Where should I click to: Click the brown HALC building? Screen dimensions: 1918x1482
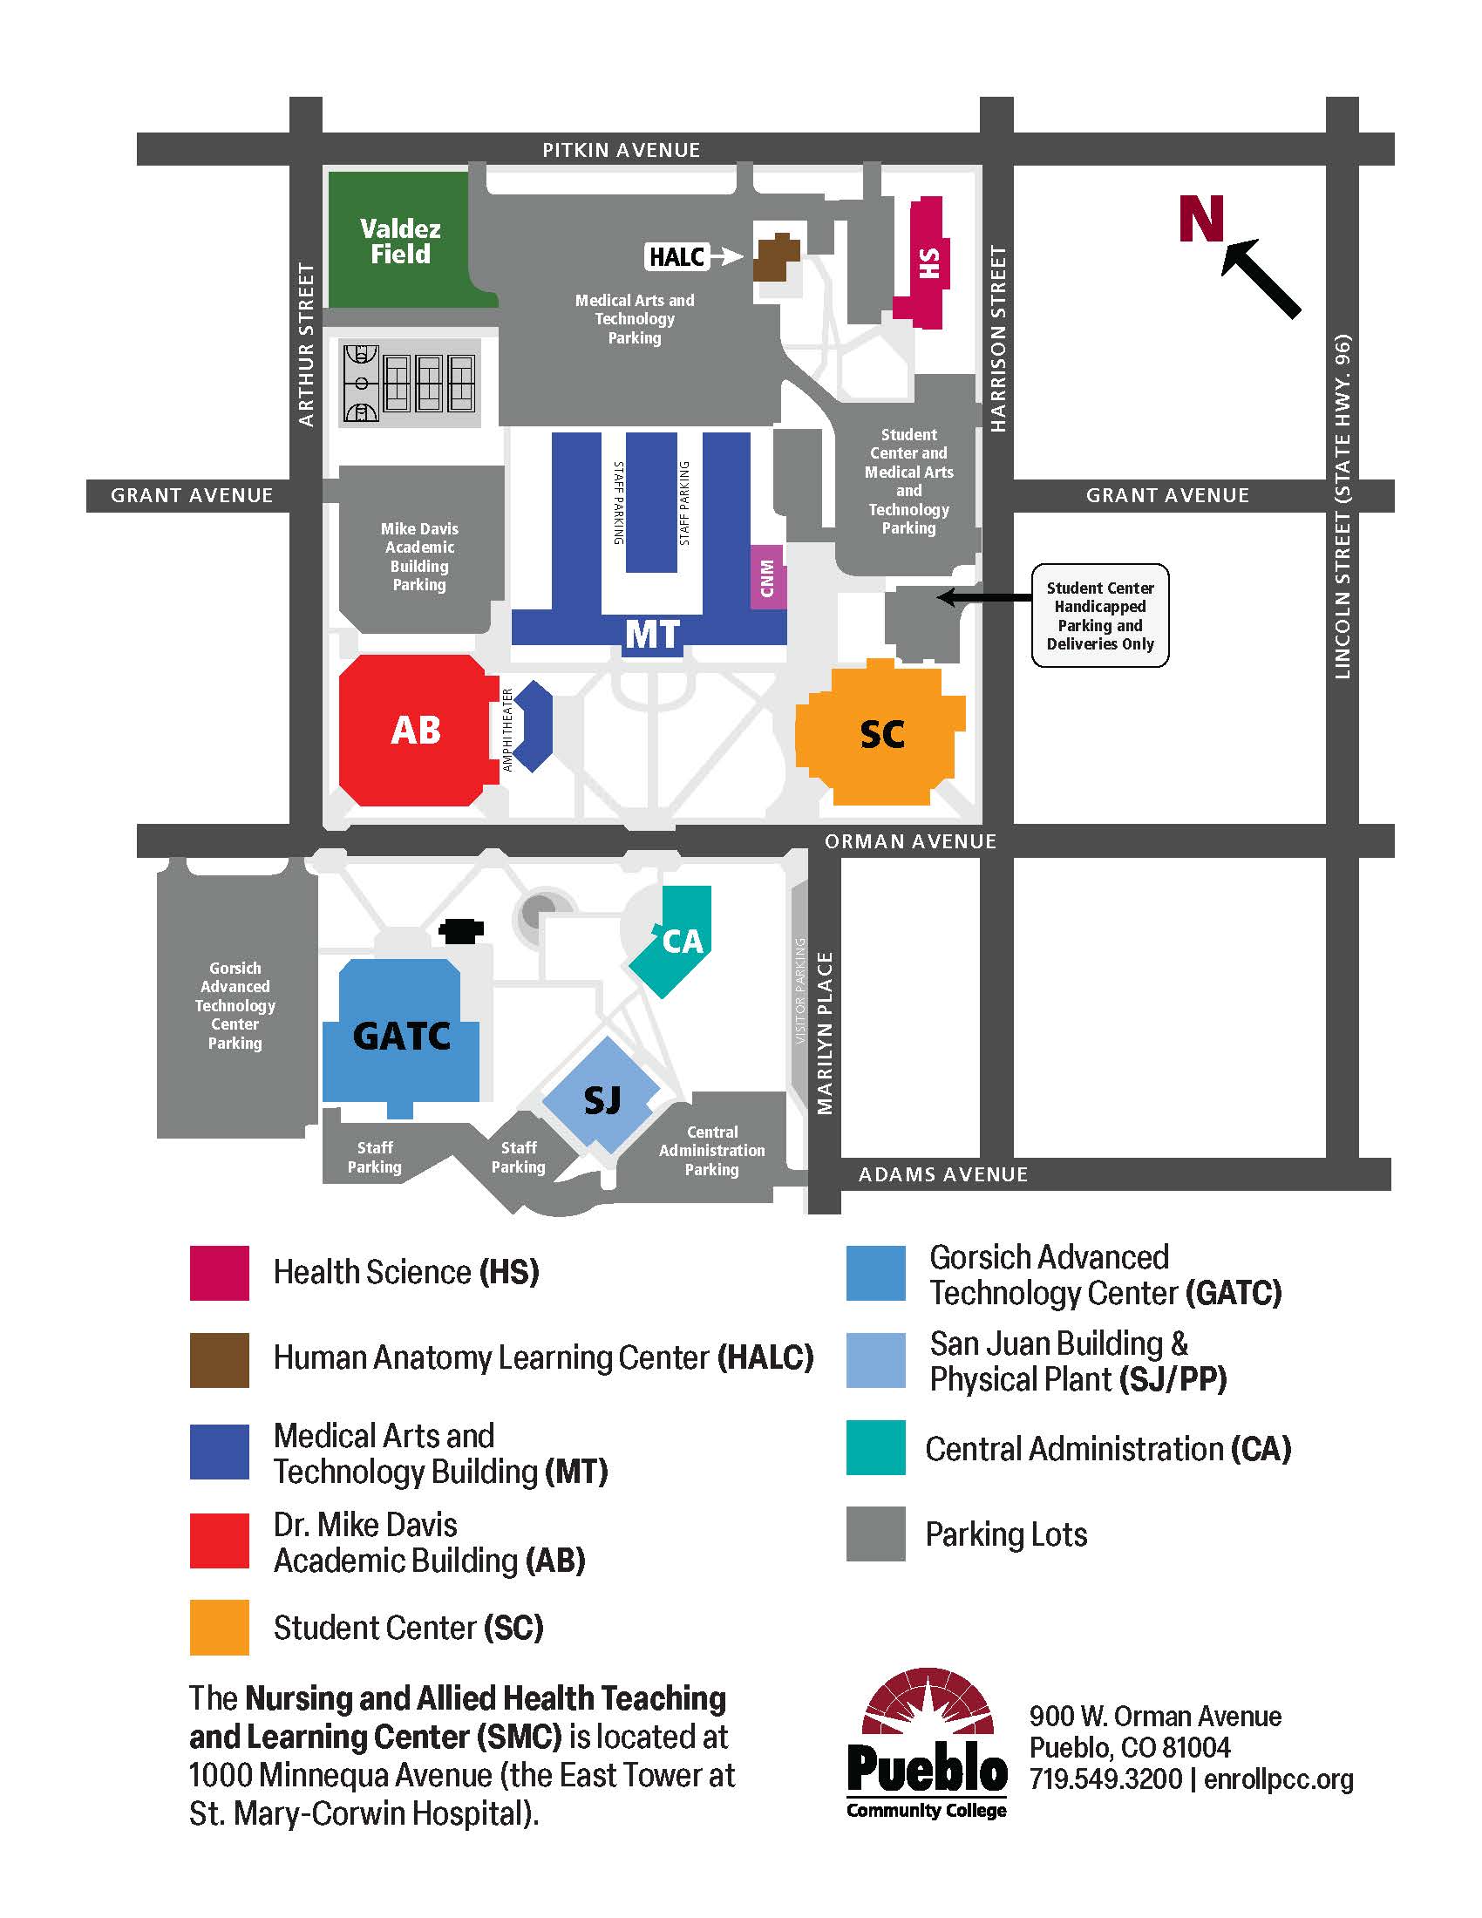click(774, 256)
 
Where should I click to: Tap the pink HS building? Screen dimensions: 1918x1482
click(923, 262)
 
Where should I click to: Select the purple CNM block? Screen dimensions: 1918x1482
click(767, 577)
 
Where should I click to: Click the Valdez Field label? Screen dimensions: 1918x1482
click(400, 241)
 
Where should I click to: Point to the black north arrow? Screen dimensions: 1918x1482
click(1261, 278)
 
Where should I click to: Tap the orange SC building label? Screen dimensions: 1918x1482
click(881, 734)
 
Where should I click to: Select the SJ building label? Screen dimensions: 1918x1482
click(602, 1099)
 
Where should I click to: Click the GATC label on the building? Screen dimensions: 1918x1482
click(401, 1037)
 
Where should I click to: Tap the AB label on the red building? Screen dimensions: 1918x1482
click(415, 730)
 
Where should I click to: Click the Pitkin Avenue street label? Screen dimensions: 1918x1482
click(621, 150)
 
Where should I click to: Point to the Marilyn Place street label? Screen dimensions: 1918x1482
click(825, 1033)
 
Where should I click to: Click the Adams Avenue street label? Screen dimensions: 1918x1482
click(942, 1174)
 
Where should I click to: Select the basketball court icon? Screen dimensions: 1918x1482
click(361, 384)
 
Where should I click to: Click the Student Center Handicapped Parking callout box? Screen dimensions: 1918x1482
click(1099, 616)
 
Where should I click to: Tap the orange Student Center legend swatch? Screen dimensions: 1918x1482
click(219, 1627)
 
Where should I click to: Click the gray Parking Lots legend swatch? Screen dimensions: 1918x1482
click(874, 1534)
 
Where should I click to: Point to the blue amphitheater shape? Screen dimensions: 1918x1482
click(534, 726)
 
